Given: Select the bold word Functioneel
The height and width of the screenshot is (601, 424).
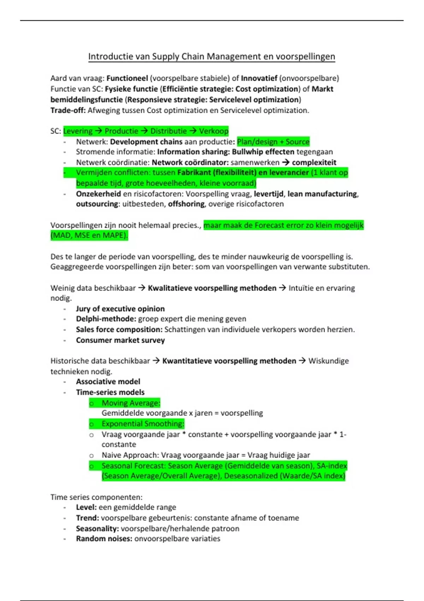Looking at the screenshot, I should click(x=127, y=78).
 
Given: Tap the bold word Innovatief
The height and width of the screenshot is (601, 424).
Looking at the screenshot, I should click(x=259, y=78).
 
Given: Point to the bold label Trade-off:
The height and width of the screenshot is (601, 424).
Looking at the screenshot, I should click(x=68, y=110).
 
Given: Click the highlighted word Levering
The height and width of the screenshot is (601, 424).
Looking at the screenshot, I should click(x=78, y=131).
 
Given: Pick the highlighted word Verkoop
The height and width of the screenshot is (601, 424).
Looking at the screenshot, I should click(x=214, y=131).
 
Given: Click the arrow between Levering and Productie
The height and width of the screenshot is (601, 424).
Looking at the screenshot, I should click(x=98, y=131).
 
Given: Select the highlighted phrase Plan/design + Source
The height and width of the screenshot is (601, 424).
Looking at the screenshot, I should click(x=273, y=142).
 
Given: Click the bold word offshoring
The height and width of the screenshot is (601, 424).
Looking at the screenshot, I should click(x=186, y=204).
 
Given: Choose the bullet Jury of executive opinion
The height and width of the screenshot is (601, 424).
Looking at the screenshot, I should click(x=120, y=309).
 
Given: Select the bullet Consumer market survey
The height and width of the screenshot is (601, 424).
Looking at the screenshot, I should click(x=120, y=340).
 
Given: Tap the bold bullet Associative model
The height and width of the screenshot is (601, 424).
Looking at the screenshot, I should click(x=108, y=382).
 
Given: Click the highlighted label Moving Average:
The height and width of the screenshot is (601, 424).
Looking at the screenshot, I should click(x=131, y=403).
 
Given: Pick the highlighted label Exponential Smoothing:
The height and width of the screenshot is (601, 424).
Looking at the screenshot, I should click(x=143, y=424).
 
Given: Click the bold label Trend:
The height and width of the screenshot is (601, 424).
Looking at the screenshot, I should click(x=87, y=518).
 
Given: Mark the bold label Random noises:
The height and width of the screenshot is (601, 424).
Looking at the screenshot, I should click(x=104, y=539).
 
